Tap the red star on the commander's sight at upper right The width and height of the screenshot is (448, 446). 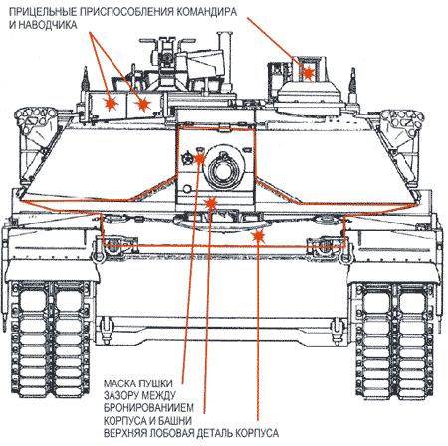coord(309,73)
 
